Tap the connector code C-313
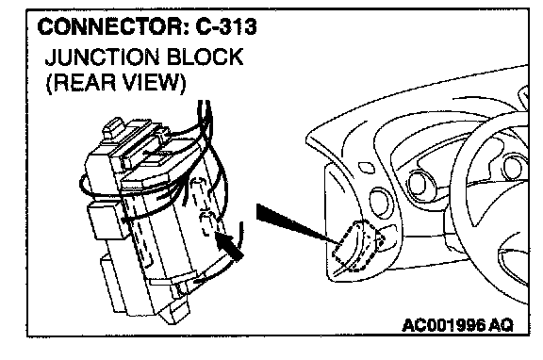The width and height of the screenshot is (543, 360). click(x=226, y=27)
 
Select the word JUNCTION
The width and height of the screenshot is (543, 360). click(x=103, y=57)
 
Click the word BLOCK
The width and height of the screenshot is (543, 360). click(x=206, y=57)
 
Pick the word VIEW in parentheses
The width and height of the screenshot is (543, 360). click(x=155, y=83)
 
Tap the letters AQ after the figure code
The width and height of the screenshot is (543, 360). click(x=501, y=325)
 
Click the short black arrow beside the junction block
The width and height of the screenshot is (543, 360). click(x=229, y=246)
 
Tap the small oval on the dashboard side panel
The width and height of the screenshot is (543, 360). click(x=367, y=168)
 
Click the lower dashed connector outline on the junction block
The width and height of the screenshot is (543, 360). click(x=207, y=223)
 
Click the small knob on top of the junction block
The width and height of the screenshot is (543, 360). click(x=113, y=128)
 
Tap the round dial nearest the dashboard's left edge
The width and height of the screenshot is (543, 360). click(x=381, y=203)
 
